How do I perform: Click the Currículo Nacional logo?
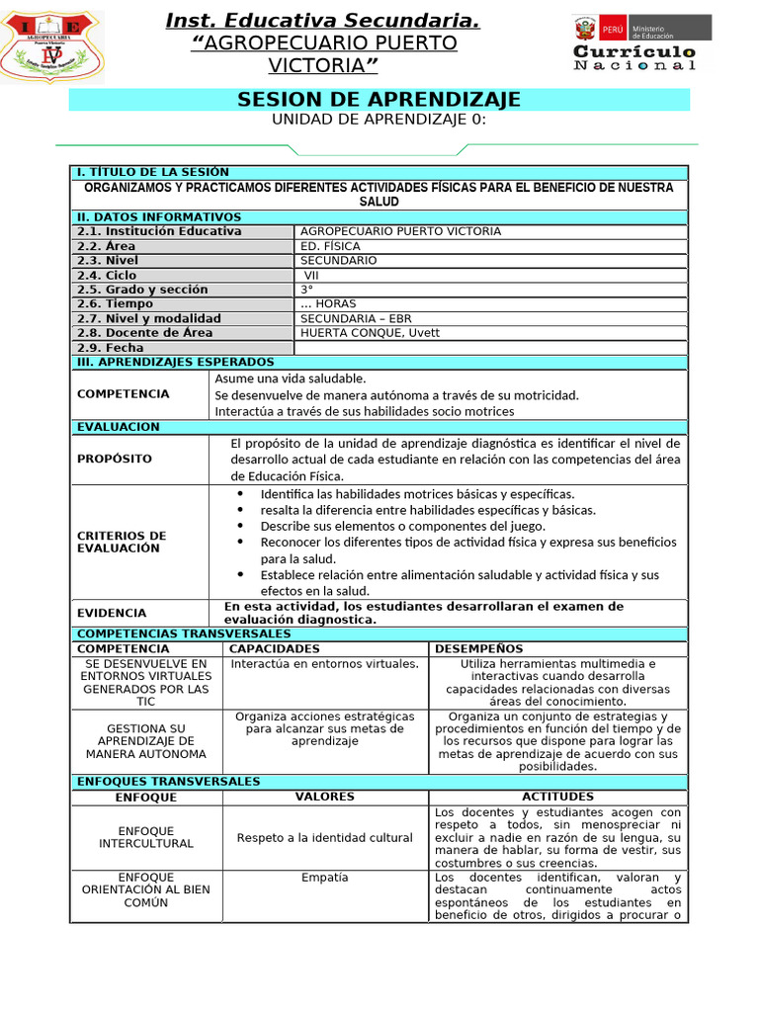pyautogui.click(x=634, y=43)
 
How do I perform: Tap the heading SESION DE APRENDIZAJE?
pyautogui.click(x=379, y=100)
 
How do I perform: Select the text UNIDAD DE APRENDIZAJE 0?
pyautogui.click(x=379, y=120)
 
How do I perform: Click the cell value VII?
pyautogui.click(x=311, y=276)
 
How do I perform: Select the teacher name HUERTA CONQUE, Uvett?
pyautogui.click(x=370, y=333)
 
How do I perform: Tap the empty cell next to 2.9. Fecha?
pyautogui.click(x=490, y=348)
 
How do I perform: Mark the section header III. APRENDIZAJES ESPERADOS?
pyautogui.click(x=175, y=363)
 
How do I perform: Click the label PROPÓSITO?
pyautogui.click(x=115, y=459)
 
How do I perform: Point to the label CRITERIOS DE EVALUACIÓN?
pyautogui.click(x=122, y=542)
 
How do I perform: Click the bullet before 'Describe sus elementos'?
pyautogui.click(x=240, y=527)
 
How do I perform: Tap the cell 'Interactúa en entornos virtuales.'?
pyautogui.click(x=325, y=664)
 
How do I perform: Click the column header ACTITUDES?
pyautogui.click(x=558, y=797)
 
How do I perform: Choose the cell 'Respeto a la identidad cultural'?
pyautogui.click(x=325, y=838)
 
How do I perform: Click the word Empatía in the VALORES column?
pyautogui.click(x=325, y=878)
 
